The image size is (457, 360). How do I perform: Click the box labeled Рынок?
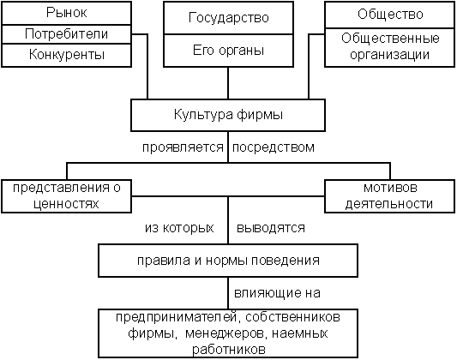click(67, 13)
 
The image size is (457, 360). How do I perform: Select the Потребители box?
click(67, 34)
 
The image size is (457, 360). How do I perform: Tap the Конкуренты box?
click(67, 56)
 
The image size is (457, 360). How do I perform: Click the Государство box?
click(228, 18)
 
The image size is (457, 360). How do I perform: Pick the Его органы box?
click(228, 51)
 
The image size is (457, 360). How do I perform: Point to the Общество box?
click(389, 15)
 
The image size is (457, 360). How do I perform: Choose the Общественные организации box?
click(389, 47)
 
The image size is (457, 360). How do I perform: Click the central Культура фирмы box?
click(228, 115)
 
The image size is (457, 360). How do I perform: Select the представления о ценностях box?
click(67, 196)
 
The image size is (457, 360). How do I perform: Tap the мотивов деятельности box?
click(389, 196)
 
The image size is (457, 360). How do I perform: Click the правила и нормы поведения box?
click(228, 261)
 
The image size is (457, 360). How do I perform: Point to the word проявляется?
click(183, 147)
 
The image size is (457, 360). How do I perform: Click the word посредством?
click(274, 147)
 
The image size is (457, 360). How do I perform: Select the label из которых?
click(179, 228)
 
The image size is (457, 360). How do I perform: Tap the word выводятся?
click(271, 228)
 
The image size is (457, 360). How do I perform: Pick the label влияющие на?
click(277, 293)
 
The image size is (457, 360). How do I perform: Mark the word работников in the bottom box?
click(229, 349)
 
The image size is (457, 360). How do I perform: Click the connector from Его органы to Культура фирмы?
click(228, 83)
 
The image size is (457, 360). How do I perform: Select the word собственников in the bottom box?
click(292, 317)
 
